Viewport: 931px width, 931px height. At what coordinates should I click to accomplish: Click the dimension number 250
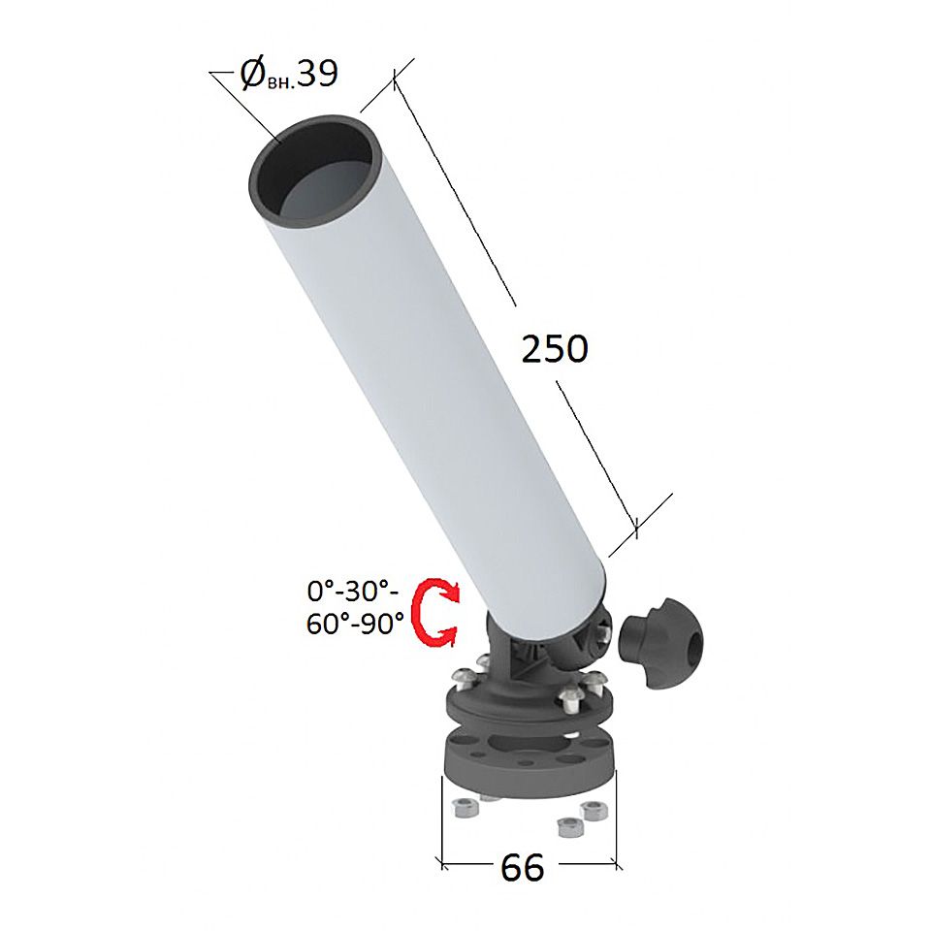[x=555, y=348]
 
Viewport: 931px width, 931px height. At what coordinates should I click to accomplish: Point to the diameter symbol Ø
[x=252, y=75]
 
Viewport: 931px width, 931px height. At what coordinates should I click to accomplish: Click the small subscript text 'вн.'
[x=281, y=81]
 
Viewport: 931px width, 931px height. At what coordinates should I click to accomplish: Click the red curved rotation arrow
[x=435, y=612]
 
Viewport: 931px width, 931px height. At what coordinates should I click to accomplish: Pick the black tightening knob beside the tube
[x=660, y=644]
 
